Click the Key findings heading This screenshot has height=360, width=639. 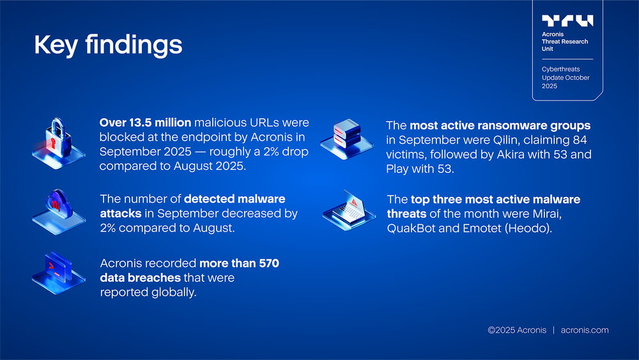(107, 45)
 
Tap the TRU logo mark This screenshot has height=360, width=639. (567, 21)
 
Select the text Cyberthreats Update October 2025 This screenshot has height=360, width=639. (566, 77)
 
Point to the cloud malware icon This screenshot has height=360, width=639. (58, 206)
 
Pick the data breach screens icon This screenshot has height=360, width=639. (58, 271)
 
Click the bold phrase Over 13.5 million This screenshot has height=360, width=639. (145, 122)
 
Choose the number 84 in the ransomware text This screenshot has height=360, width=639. (579, 140)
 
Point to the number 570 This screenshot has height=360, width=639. (266, 263)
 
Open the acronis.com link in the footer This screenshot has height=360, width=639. (584, 330)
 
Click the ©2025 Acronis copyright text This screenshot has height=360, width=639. (516, 330)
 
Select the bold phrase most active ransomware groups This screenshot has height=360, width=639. (500, 125)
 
